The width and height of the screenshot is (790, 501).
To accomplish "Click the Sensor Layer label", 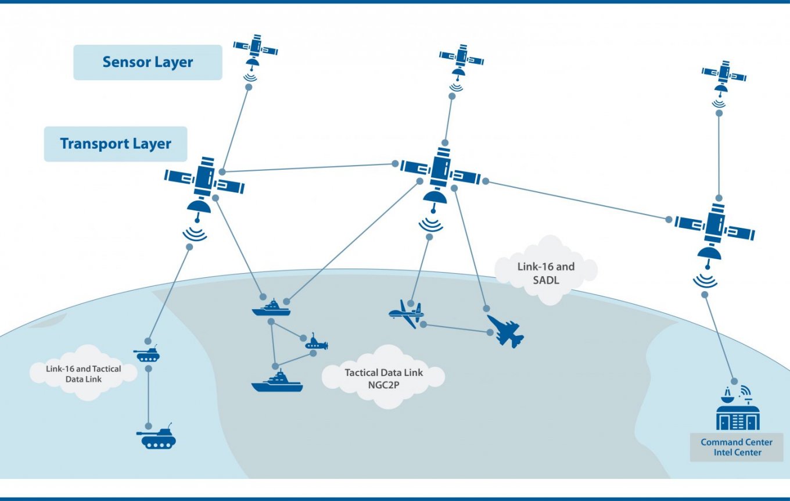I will pyautogui.click(x=148, y=62).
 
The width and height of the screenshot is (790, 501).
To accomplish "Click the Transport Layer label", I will pyautogui.click(x=116, y=144).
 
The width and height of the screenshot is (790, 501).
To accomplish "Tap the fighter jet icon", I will pyautogui.click(x=505, y=331).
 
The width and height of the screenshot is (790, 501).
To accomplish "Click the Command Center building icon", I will pyautogui.click(x=737, y=410).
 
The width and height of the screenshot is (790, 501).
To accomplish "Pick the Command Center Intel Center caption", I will pyautogui.click(x=737, y=447).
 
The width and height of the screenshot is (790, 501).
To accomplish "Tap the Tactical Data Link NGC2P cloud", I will pyautogui.click(x=384, y=378).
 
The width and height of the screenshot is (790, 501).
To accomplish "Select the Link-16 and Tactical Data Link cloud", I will pyautogui.click(x=84, y=374).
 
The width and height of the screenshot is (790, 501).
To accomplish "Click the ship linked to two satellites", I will pyautogui.click(x=271, y=308).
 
